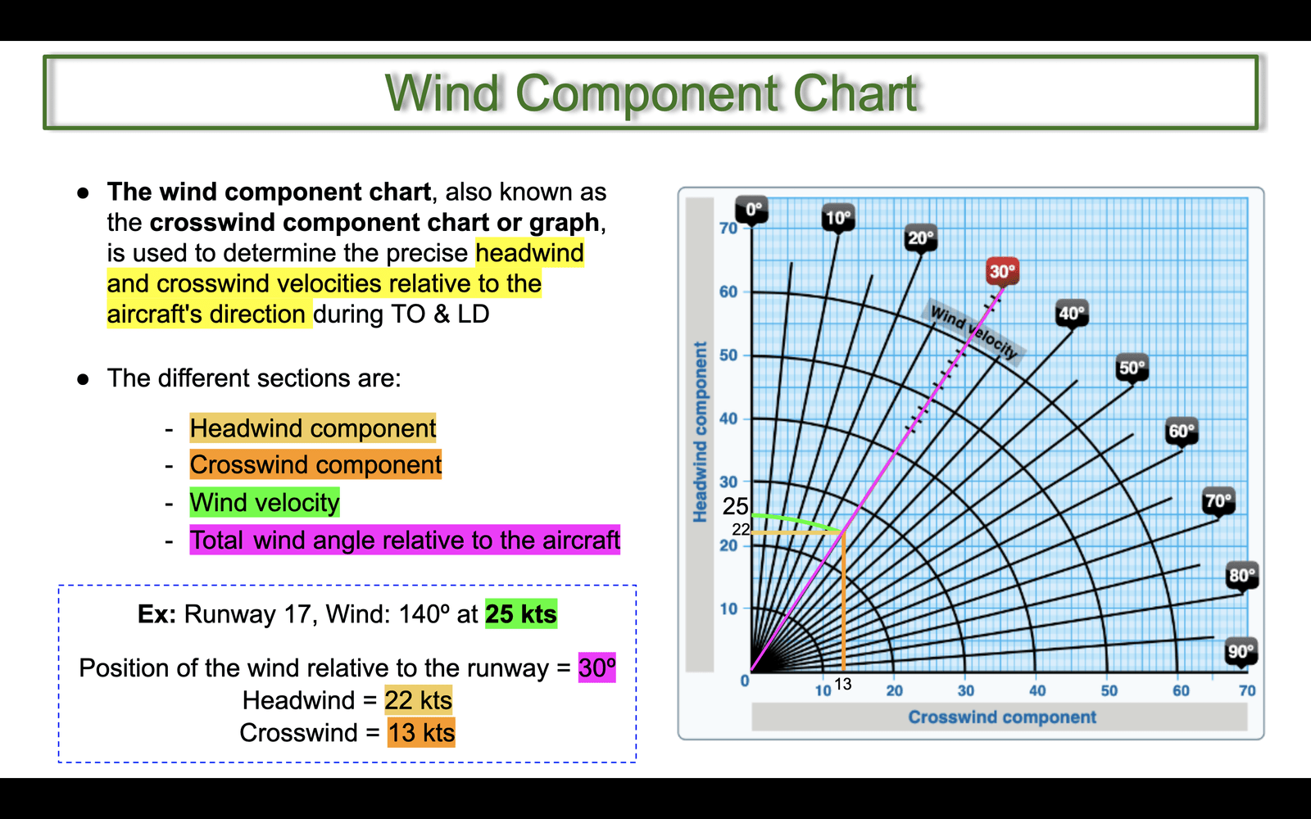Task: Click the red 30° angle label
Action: (x=1002, y=271)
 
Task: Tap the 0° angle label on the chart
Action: (x=752, y=210)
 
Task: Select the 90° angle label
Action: (x=1241, y=651)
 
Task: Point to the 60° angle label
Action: (x=1182, y=432)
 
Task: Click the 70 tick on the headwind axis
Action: (x=728, y=229)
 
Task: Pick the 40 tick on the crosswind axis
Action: (x=1037, y=691)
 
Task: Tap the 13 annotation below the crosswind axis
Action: (x=843, y=684)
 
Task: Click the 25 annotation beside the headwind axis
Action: (x=735, y=507)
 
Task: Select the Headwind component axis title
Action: (x=700, y=432)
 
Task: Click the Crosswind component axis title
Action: (x=1002, y=717)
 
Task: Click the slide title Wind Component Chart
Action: (x=651, y=93)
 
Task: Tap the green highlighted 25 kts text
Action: (x=521, y=614)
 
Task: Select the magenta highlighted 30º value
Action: (x=597, y=667)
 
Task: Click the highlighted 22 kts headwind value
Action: (x=419, y=700)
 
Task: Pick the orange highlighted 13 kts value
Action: (x=421, y=732)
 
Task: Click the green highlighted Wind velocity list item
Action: (x=265, y=503)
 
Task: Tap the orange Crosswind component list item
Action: (x=315, y=464)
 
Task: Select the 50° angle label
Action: (x=1132, y=368)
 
